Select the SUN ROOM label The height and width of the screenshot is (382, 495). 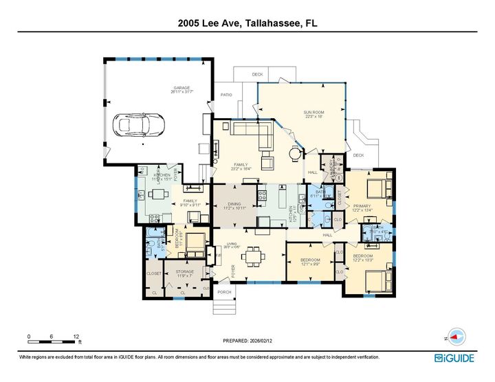(313, 113)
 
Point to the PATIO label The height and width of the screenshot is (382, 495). (226, 94)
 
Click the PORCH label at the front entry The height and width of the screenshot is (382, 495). (225, 291)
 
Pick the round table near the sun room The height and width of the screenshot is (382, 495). (295, 153)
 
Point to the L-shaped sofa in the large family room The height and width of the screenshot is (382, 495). (254, 133)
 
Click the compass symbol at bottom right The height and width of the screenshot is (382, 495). (456, 337)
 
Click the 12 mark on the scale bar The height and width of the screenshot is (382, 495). (76, 337)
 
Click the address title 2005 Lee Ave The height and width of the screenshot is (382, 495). (247, 23)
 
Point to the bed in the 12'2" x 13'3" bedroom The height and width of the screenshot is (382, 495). (377, 279)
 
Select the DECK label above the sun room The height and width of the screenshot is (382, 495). (257, 74)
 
